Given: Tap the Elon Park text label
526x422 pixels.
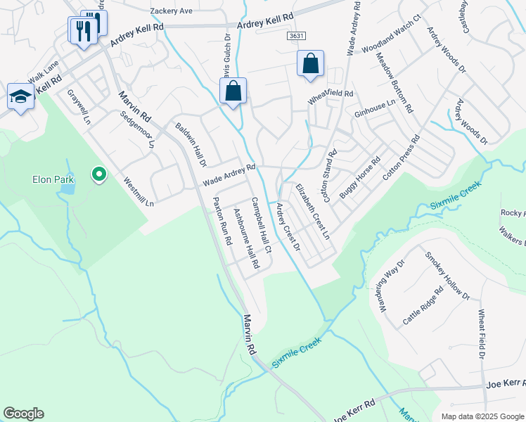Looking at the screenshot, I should point(53,179).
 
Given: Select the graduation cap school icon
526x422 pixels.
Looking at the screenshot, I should point(20,97).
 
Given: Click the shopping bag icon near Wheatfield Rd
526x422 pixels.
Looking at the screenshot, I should point(309,64).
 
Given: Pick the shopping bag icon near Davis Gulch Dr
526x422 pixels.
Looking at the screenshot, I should point(233,91).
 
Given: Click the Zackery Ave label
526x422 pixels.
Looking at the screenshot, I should point(171,11).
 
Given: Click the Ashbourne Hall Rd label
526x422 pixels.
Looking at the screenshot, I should point(246,239).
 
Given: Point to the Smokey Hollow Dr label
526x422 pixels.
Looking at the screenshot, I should point(446,275).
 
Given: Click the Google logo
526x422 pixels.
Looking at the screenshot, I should point(23,414).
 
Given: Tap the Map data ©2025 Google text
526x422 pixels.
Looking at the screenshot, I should point(482,416).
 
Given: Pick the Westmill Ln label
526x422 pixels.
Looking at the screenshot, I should point(139,191).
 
